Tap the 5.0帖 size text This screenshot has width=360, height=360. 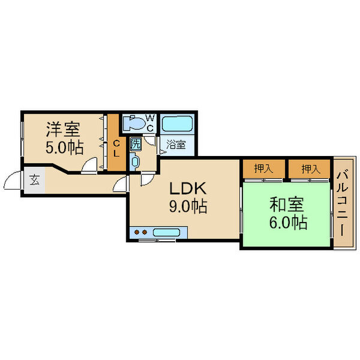(x=63, y=148)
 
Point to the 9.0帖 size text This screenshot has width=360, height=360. (x=187, y=207)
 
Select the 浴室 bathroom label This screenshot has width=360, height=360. (x=176, y=145)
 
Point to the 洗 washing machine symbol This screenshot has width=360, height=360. (x=136, y=144)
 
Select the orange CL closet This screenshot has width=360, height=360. (x=116, y=144)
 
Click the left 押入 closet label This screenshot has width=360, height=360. (x=263, y=169)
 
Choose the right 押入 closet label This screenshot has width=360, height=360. (x=309, y=169)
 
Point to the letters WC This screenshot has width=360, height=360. (x=149, y=123)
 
